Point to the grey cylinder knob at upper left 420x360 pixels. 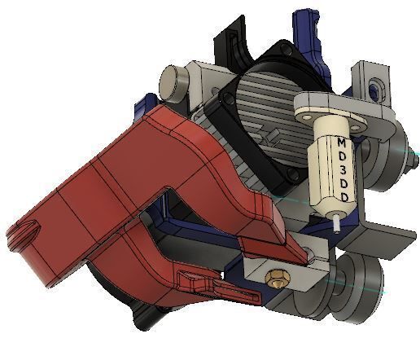pyautogui.click(x=173, y=80)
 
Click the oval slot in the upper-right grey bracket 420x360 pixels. pyautogui.click(x=375, y=86)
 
